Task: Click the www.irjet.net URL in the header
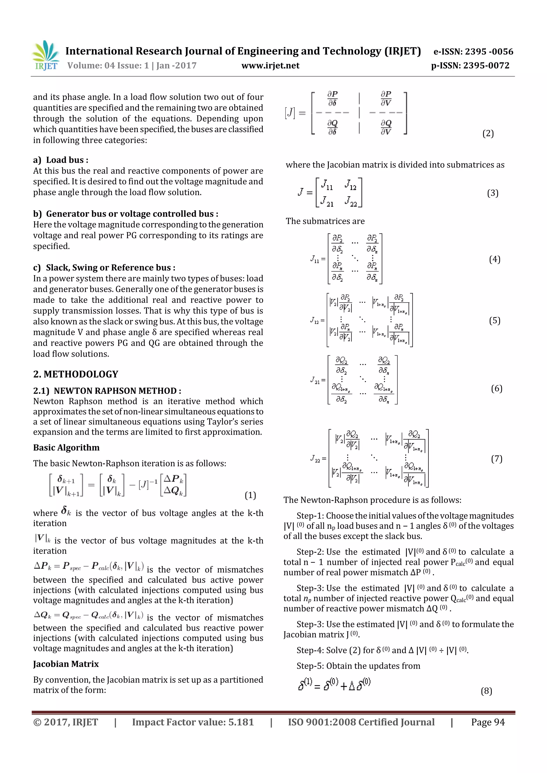tap(270, 66)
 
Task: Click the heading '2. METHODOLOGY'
tap(76, 374)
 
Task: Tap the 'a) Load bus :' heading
tap(61, 160)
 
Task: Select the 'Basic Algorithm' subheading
tap(67, 447)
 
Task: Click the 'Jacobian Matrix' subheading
tap(66, 664)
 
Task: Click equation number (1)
tap(250, 495)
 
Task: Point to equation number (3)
tap(493, 193)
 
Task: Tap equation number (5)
tap(494, 320)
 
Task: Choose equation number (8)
tap(486, 691)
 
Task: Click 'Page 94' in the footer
tap(488, 722)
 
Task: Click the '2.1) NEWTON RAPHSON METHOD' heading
tap(107, 391)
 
